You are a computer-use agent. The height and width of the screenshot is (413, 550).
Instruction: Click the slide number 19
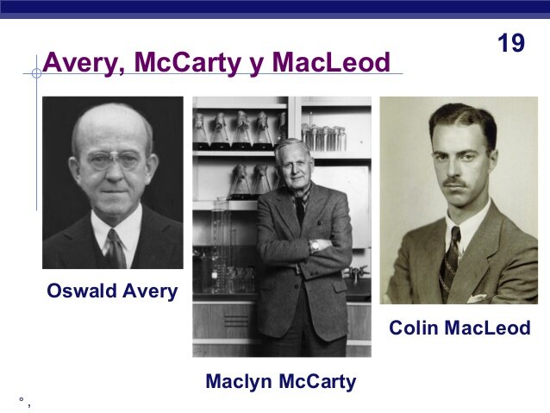(511, 43)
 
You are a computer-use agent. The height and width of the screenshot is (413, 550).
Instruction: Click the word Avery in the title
(79, 63)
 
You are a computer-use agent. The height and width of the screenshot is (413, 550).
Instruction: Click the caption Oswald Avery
(112, 291)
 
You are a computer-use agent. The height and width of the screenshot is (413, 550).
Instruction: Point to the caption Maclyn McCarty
(280, 381)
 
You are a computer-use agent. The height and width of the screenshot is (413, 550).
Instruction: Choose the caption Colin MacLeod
(459, 329)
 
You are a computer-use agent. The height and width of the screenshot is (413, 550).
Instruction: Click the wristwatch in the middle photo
(315, 245)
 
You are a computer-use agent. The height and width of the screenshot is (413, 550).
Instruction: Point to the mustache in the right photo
(457, 183)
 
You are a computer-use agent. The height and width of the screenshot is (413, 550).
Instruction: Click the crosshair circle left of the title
(36, 73)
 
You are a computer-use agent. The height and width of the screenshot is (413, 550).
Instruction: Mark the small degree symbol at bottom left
(20, 400)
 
